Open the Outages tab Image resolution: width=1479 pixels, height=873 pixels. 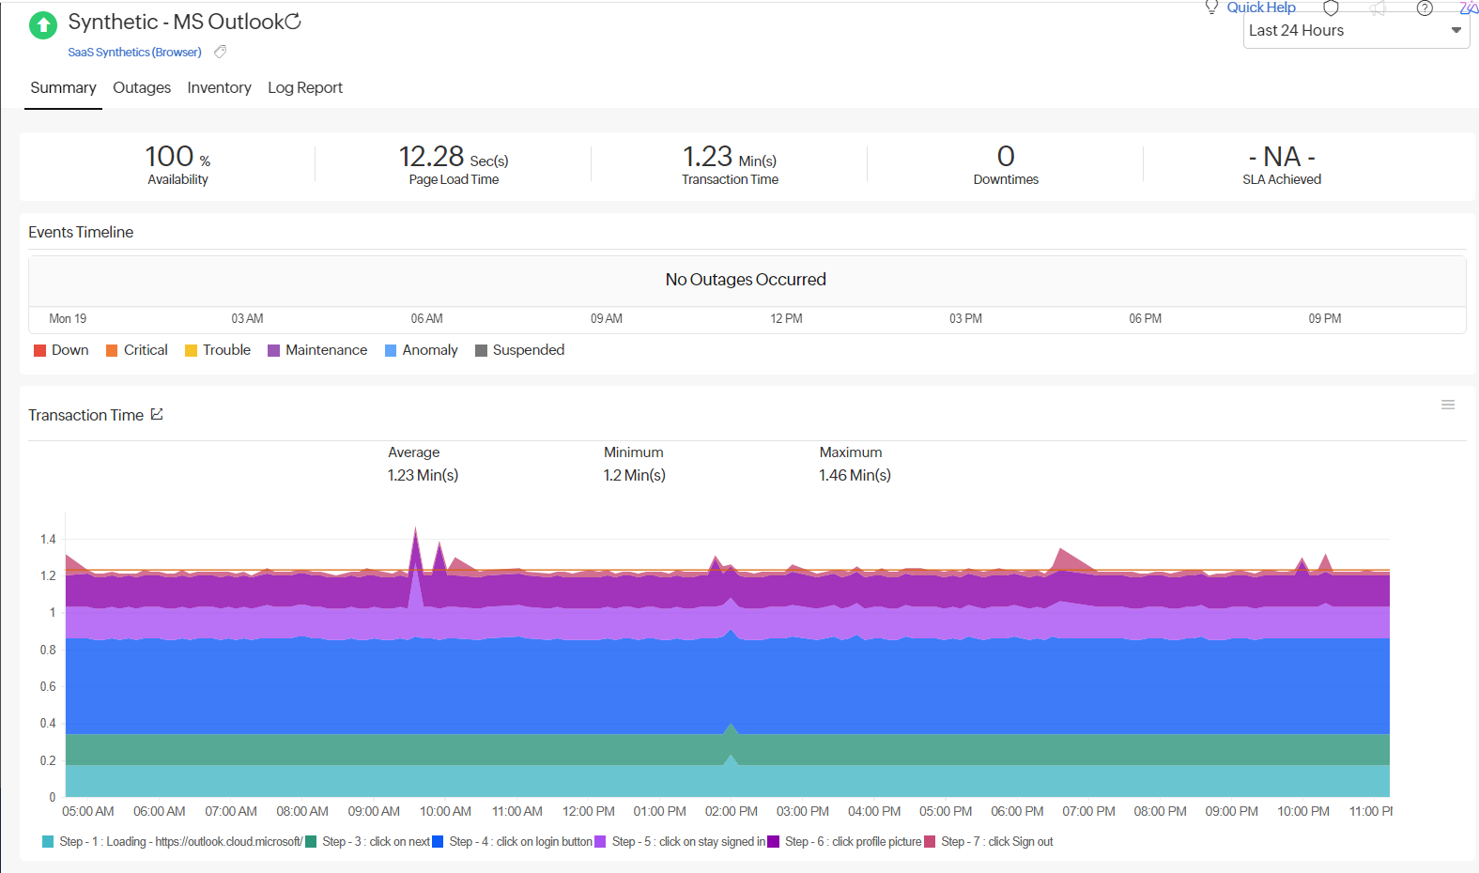142,87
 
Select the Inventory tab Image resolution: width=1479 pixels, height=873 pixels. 219,87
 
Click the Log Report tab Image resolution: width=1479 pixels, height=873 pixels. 305,87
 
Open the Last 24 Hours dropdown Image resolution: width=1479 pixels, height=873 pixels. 1355,31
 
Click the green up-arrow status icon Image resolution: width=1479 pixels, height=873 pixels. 43,25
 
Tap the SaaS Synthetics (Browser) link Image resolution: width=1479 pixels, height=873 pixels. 134,53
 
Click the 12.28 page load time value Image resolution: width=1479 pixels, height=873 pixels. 432,157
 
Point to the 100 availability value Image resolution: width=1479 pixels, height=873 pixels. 170,157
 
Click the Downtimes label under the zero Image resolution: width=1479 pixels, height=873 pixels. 1006,179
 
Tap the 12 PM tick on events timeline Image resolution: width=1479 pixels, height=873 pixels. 786,319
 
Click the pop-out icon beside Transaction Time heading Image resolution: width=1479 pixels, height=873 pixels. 157,414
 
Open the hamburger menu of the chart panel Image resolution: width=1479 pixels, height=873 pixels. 1448,405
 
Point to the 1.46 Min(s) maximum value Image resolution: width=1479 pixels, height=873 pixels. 855,475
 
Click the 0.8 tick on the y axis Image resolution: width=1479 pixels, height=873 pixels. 48,650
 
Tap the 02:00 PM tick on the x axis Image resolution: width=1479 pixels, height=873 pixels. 731,811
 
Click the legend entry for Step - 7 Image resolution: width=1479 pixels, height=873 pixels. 996,842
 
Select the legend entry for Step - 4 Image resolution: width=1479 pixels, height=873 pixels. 519,842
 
